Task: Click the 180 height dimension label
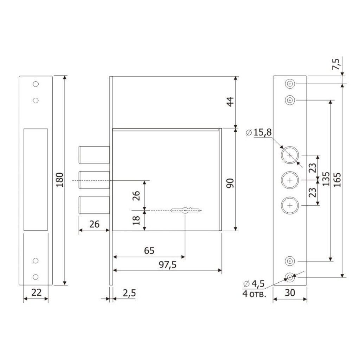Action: coord(60,180)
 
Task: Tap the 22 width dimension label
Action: coord(37,292)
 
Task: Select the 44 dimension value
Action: coord(230,102)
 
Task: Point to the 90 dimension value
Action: coord(230,183)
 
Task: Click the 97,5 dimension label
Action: coord(168,265)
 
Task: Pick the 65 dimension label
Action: coord(149,250)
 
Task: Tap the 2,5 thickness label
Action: coord(129,293)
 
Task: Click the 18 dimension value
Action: coord(136,220)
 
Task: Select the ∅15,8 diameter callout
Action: coord(258,133)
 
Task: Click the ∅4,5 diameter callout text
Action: coord(254,284)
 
